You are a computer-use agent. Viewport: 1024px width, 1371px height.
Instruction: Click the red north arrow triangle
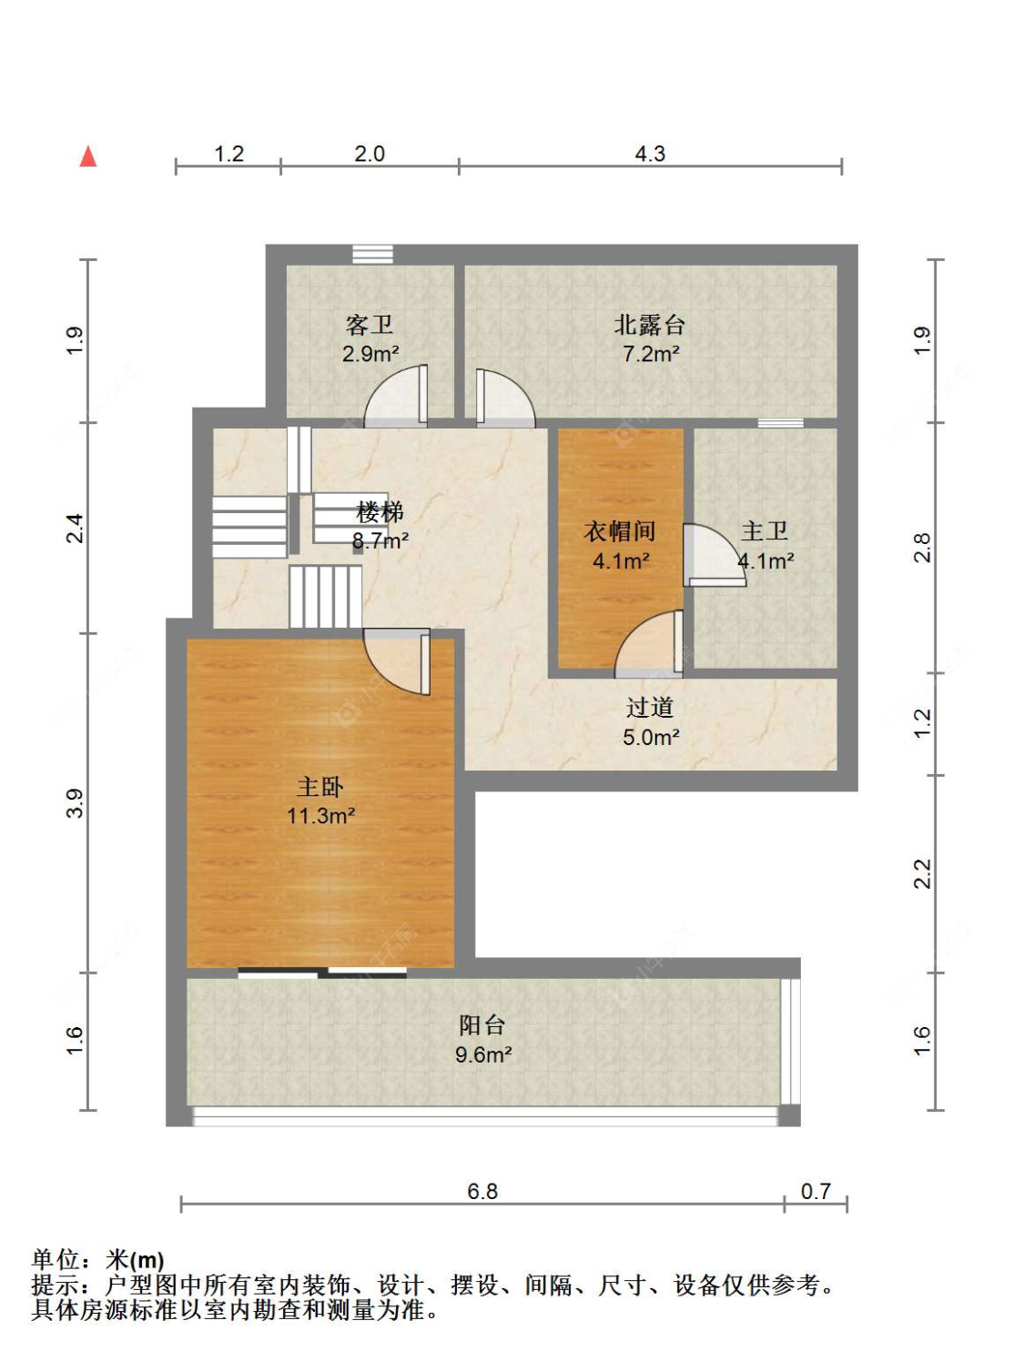pos(88,156)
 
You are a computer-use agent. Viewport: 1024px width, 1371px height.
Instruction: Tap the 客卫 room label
pos(370,326)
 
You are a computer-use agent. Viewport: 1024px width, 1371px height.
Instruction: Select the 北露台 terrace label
pos(649,325)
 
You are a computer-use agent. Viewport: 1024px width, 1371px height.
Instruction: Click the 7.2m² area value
pos(651,354)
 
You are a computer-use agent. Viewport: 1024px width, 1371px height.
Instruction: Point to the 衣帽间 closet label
pos(619,531)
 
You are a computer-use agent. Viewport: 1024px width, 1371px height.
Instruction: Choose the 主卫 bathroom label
pos(764,531)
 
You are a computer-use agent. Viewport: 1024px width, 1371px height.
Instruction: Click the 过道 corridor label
pos(650,708)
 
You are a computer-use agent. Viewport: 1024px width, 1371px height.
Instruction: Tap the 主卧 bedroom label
pos(319,787)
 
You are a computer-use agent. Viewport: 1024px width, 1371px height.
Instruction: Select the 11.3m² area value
pos(321,816)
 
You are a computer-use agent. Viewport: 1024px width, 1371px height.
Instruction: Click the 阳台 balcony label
pos(482,1025)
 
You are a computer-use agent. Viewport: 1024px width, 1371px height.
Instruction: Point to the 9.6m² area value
pos(483,1054)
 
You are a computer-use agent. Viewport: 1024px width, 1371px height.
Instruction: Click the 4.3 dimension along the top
pos(650,154)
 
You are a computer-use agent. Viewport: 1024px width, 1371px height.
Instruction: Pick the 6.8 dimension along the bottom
pos(482,1191)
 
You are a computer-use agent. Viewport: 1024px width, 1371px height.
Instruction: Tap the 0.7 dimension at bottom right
pos(816,1191)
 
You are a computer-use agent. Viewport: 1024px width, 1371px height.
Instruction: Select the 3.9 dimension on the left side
pos(75,803)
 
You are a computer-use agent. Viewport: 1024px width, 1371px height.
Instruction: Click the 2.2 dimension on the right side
pos(922,873)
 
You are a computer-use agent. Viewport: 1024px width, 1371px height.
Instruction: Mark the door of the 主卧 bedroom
pos(397,661)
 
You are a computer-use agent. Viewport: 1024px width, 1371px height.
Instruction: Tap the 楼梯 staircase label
pos(380,512)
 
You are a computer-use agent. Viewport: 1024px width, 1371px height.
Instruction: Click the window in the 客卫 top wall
pos(372,254)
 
